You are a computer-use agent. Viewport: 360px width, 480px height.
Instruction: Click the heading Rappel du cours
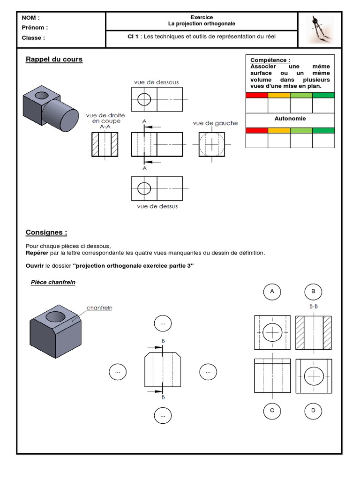(x=54, y=60)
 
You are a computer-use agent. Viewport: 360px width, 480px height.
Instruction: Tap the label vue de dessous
(x=156, y=82)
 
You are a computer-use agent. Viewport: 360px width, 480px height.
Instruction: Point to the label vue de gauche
(x=215, y=123)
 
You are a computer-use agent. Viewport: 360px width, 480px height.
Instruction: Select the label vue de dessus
(x=157, y=206)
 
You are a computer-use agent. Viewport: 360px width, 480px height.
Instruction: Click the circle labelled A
(x=272, y=292)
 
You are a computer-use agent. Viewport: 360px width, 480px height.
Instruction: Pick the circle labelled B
(x=313, y=292)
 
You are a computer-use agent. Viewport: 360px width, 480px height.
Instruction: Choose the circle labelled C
(x=272, y=411)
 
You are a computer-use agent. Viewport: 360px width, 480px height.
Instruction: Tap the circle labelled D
(x=313, y=411)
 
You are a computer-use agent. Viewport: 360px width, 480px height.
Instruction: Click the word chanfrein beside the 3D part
(x=99, y=308)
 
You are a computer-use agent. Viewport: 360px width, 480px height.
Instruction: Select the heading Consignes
(x=46, y=232)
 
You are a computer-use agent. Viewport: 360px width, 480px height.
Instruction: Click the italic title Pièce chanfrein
(x=53, y=282)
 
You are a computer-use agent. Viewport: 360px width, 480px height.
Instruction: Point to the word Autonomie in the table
(x=290, y=119)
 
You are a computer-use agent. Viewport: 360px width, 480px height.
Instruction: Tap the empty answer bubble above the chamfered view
(x=163, y=323)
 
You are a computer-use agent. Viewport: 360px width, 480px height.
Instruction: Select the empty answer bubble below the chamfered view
(x=163, y=415)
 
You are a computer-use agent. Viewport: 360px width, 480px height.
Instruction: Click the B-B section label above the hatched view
(x=314, y=307)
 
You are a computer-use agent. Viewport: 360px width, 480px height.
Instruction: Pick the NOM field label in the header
(x=31, y=18)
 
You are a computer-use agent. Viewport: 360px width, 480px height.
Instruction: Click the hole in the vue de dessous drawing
(x=144, y=99)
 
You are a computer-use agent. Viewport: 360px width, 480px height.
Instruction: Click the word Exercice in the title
(x=202, y=17)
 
